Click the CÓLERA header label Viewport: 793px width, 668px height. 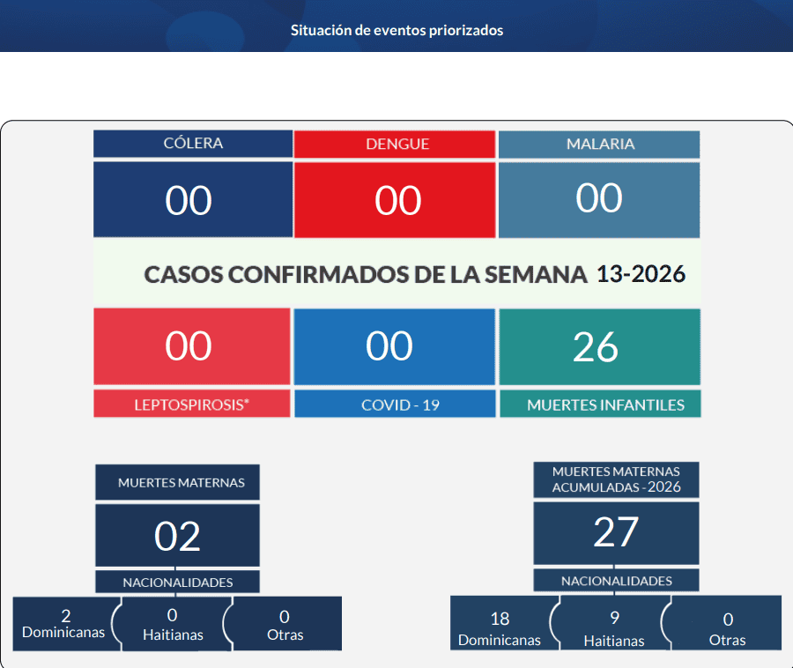point(193,143)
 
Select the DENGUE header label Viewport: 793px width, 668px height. point(397,145)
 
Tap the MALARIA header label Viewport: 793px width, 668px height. point(600,145)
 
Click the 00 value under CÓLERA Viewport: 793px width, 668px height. point(189,201)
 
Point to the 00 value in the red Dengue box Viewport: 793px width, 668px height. point(398,201)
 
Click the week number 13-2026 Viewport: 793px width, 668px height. point(641,274)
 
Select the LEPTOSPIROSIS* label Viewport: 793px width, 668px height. point(192,405)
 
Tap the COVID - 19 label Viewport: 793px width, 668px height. point(400,405)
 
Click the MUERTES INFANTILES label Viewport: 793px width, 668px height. point(606,405)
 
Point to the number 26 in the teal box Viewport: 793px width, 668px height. point(596,347)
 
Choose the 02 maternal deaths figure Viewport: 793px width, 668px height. point(177,537)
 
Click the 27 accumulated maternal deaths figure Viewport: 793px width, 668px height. point(616,532)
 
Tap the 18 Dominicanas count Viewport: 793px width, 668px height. point(500,619)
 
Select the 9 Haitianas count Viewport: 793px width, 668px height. point(614,618)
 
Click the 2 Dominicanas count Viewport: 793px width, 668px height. point(66,616)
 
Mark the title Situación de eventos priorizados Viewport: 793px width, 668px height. point(397,30)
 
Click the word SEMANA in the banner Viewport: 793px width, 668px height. point(536,275)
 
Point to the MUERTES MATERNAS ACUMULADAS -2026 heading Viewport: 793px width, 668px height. point(616,479)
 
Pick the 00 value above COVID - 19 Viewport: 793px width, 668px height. point(389,346)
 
